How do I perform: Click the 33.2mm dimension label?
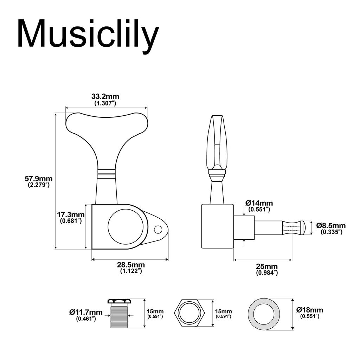(x=105, y=96)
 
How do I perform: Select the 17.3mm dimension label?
(x=71, y=214)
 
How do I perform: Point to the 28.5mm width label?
(x=131, y=265)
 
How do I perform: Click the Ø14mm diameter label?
(x=259, y=203)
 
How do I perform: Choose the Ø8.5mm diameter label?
(x=331, y=226)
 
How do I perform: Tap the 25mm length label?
(x=267, y=266)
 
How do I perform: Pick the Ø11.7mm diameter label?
(x=86, y=312)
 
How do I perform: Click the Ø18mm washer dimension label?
(x=309, y=310)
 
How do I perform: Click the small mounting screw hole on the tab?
(x=158, y=230)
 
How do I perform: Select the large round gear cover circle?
(x=126, y=227)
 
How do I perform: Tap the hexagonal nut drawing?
(x=190, y=313)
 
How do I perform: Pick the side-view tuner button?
(x=217, y=142)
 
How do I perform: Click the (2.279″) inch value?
(x=39, y=185)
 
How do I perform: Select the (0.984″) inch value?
(x=267, y=273)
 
